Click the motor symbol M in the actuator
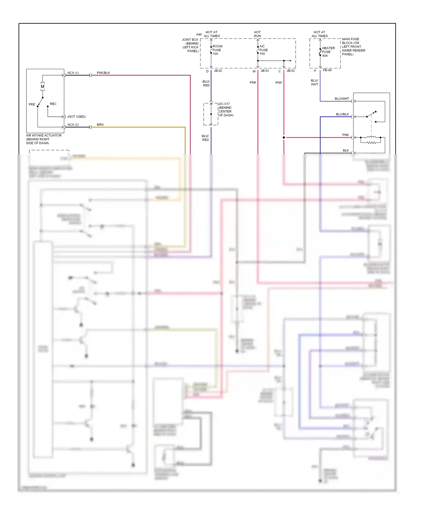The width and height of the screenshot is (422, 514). pyautogui.click(x=42, y=86)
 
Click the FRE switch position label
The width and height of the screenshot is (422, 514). pyautogui.click(x=32, y=104)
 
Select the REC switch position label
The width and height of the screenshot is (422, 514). pyautogui.click(x=53, y=104)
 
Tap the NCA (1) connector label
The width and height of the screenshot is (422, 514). pyautogui.click(x=73, y=73)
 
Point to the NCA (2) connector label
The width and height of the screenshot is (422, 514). pyautogui.click(x=73, y=125)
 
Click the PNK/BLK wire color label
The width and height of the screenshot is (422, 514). pyautogui.click(x=103, y=73)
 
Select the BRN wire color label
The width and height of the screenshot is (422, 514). pyautogui.click(x=100, y=125)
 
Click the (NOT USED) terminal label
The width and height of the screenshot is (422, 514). pyautogui.click(x=77, y=117)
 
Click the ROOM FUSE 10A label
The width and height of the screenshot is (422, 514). pyautogui.click(x=217, y=50)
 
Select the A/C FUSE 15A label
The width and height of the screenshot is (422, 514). pyautogui.click(x=263, y=50)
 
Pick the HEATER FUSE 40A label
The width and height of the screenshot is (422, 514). pyautogui.click(x=328, y=52)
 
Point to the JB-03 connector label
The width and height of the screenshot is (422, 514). pyautogui.click(x=264, y=71)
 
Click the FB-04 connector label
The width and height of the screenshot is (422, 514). pyautogui.click(x=327, y=70)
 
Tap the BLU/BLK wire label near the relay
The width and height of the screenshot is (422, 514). pyautogui.click(x=342, y=114)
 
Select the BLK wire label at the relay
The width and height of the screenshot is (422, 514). pyautogui.click(x=346, y=150)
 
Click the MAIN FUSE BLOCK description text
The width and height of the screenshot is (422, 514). pyautogui.click(x=353, y=47)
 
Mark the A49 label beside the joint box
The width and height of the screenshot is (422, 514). pyautogui.click(x=199, y=35)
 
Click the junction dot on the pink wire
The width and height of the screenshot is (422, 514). pyautogui.click(x=284, y=137)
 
